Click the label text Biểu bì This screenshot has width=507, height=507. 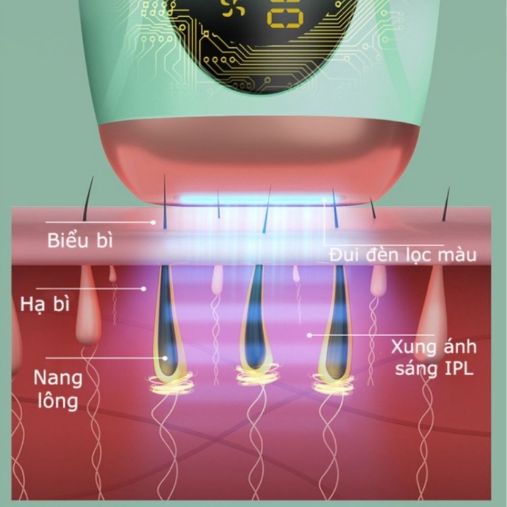(80, 240)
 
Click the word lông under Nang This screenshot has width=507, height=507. (56, 401)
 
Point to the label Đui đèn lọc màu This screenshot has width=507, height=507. (403, 254)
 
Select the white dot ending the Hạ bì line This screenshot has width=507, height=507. (144, 288)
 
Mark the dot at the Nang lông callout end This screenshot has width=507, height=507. (164, 357)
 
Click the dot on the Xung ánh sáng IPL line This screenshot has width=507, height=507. (309, 335)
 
